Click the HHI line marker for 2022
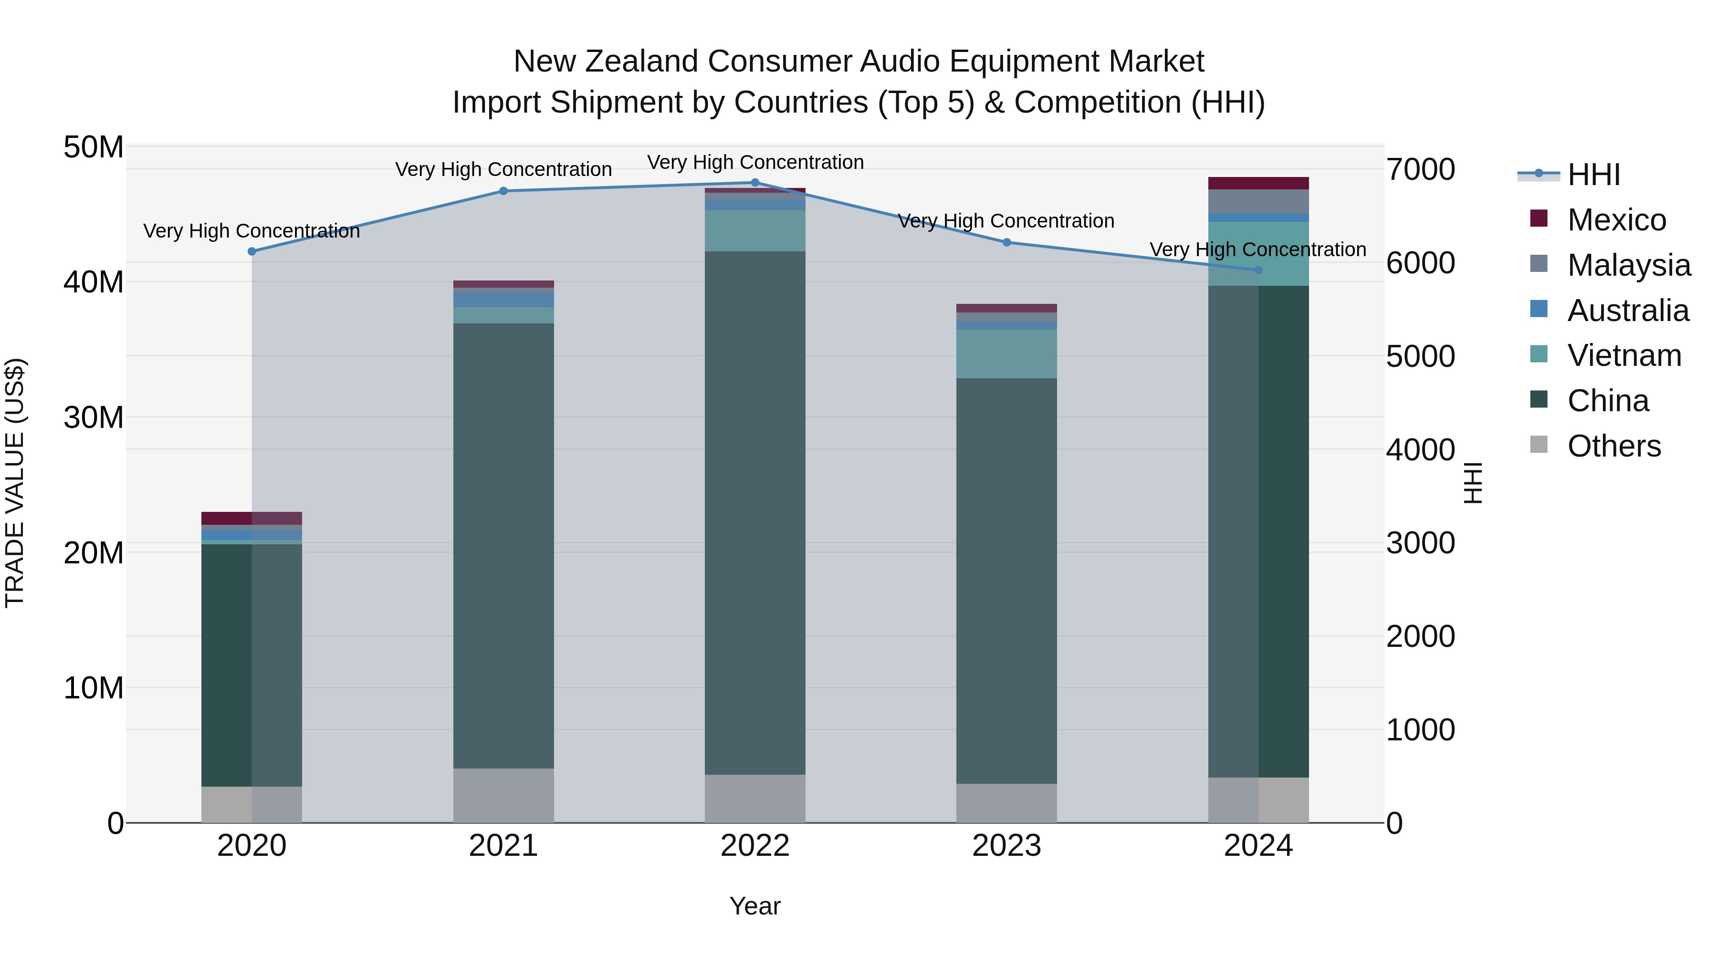(x=755, y=183)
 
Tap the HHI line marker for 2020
(x=252, y=251)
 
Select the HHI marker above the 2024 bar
(x=1258, y=270)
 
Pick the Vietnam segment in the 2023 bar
(x=1006, y=354)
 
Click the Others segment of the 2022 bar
(x=755, y=798)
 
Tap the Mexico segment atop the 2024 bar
(x=1258, y=183)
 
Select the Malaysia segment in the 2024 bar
(x=1258, y=201)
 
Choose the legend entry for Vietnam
(x=1624, y=355)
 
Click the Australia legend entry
(x=1627, y=311)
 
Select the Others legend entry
(x=1613, y=446)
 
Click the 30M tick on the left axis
(x=94, y=418)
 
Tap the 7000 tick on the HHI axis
(x=1421, y=169)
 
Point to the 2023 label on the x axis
(x=1006, y=846)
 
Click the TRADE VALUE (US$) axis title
(x=15, y=483)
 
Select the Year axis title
(x=755, y=906)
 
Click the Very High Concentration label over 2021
(x=503, y=169)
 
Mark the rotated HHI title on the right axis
(x=1473, y=483)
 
